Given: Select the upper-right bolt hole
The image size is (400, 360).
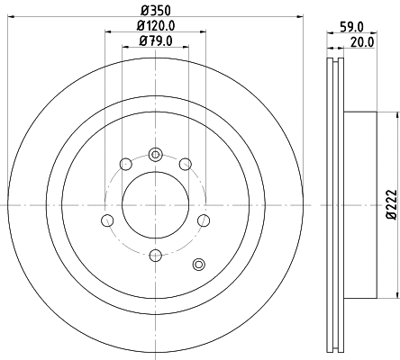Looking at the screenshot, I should [185, 163].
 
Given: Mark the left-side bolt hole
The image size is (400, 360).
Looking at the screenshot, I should [107, 220].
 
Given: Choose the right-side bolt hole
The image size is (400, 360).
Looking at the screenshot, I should [203, 220].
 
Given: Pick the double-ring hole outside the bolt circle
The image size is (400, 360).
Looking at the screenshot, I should [199, 263].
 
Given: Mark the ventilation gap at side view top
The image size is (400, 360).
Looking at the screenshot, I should [332, 67].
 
